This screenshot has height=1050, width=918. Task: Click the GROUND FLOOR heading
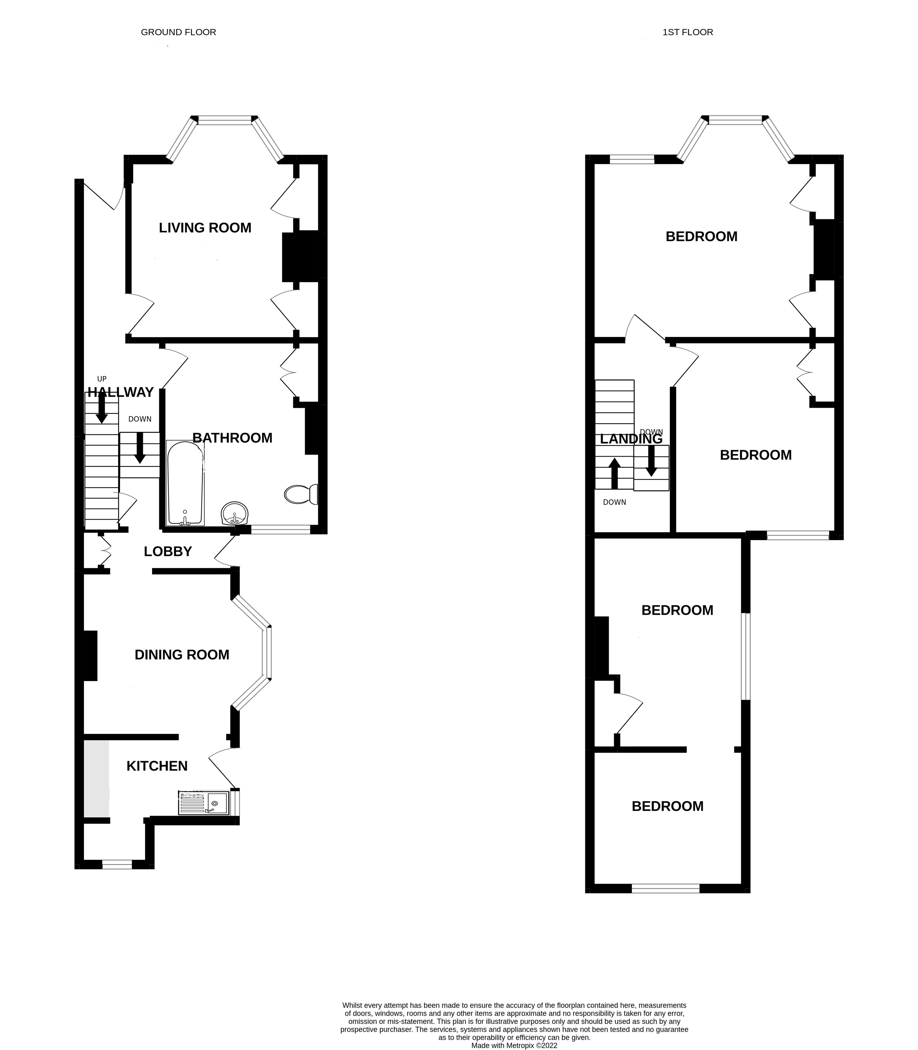point(178,32)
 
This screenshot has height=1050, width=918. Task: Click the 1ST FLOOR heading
point(687,32)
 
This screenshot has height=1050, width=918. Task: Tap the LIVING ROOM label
point(205,228)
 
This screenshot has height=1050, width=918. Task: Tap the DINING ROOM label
point(182,655)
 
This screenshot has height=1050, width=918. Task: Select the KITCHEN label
point(157,766)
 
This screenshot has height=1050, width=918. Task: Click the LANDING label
point(631,439)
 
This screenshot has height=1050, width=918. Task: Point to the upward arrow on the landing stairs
point(614,473)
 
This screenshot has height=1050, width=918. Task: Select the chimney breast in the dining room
point(90,655)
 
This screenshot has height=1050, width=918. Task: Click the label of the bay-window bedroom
point(701,237)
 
